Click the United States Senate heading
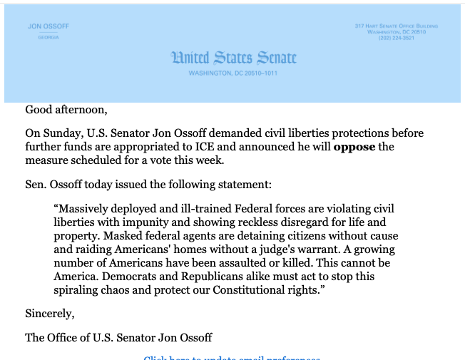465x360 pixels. pos(233,58)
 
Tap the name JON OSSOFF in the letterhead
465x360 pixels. pos(48,26)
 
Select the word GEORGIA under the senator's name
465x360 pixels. pos(48,37)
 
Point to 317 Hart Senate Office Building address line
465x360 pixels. pos(396,26)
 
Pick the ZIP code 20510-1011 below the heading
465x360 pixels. pos(262,73)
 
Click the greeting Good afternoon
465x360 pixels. pos(66,110)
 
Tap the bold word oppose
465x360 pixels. pos(354,147)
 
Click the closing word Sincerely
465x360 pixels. pos(49,314)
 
